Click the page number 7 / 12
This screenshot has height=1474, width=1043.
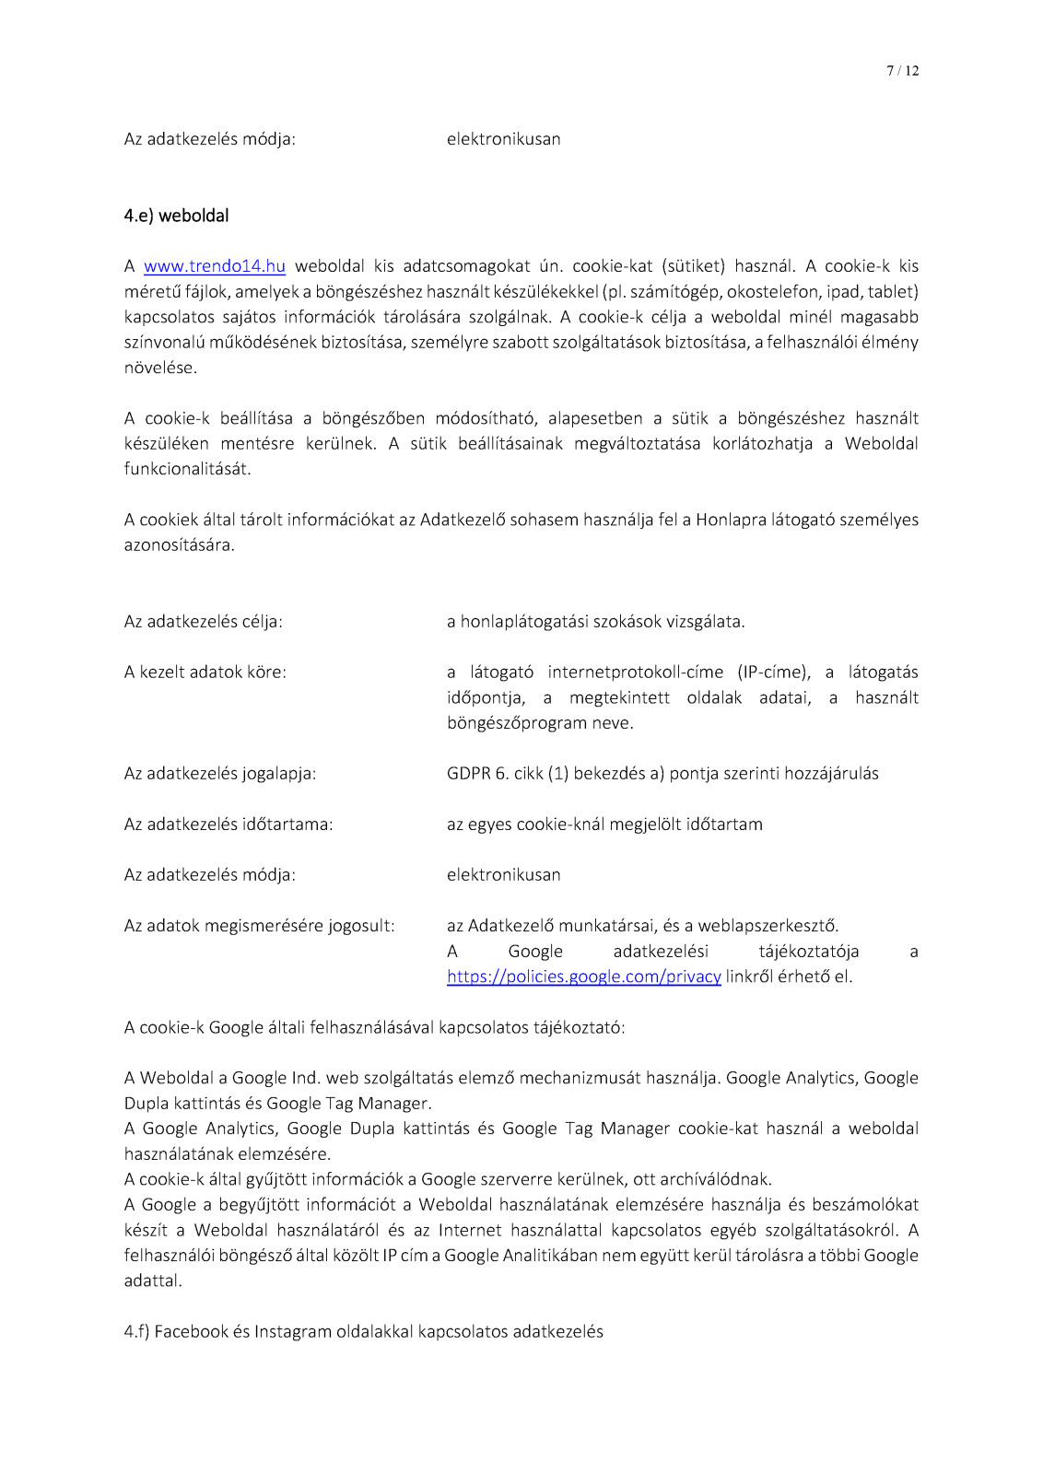click(x=902, y=71)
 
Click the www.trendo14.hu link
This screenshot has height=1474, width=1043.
click(x=214, y=266)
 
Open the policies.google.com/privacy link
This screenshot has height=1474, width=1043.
click(x=583, y=977)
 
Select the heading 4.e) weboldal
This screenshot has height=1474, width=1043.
click(x=176, y=216)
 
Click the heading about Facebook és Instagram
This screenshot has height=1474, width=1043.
click(x=363, y=1331)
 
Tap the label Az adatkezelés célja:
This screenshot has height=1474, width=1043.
click(x=203, y=622)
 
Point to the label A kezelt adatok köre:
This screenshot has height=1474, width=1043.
click(x=205, y=673)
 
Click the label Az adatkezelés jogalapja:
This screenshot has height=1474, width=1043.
click(x=219, y=774)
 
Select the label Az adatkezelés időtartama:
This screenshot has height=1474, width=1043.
click(x=228, y=825)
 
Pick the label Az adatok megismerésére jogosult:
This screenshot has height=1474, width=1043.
click(x=259, y=926)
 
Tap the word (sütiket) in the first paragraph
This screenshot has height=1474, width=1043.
click(x=693, y=266)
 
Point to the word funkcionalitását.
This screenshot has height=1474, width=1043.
click(x=187, y=469)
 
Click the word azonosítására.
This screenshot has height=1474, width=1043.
click(x=179, y=545)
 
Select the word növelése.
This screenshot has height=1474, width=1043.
click(x=160, y=368)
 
